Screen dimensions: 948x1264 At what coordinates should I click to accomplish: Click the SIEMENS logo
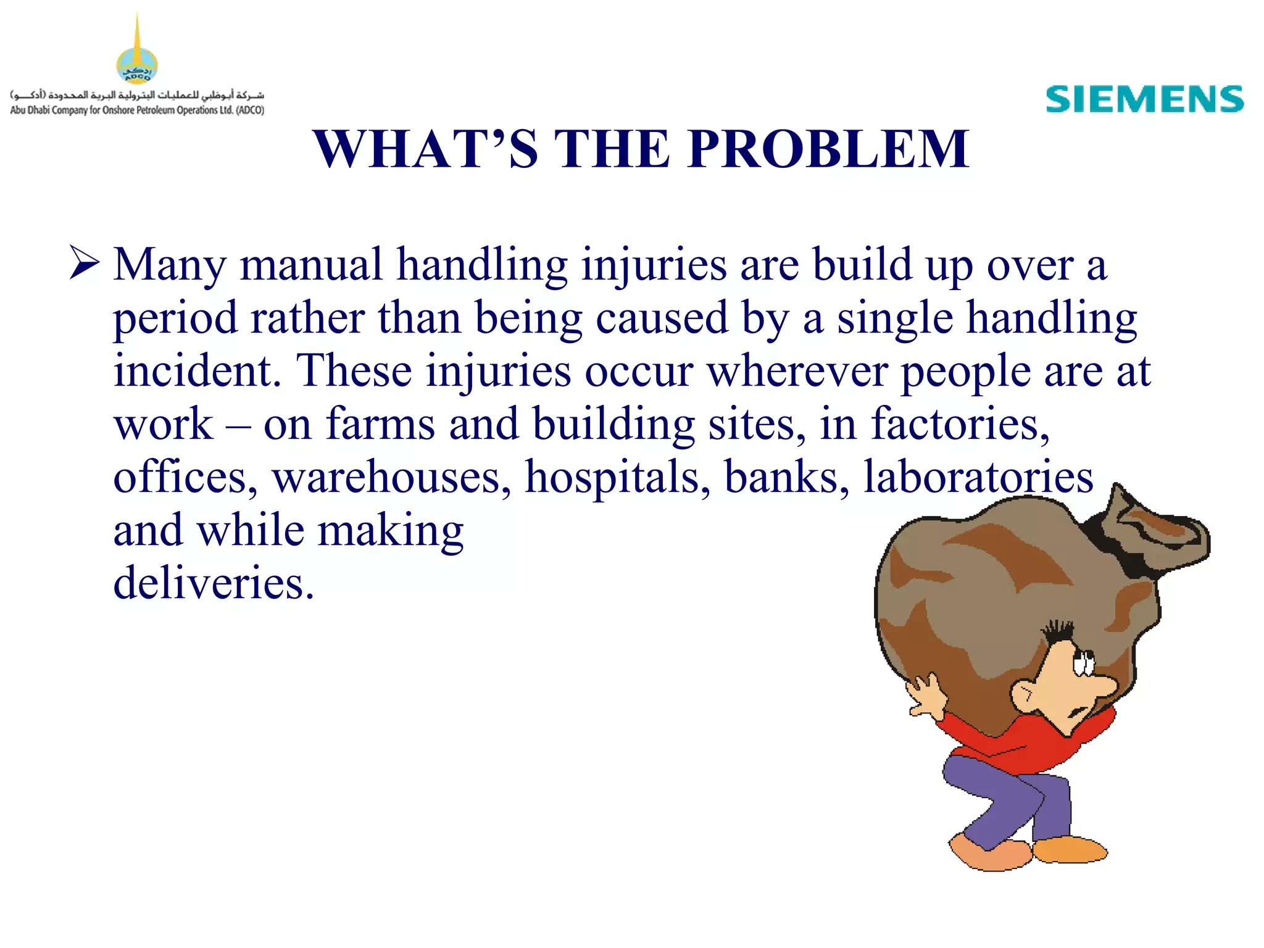click(x=1144, y=100)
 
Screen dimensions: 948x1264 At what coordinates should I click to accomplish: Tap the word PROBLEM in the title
click(x=828, y=149)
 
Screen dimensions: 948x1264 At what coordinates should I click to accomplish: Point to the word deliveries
click(x=213, y=583)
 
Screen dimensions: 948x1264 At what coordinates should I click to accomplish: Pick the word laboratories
click(x=978, y=477)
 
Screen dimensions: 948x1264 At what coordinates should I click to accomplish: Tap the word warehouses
click(x=391, y=477)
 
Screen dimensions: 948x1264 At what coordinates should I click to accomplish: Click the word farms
click(x=380, y=425)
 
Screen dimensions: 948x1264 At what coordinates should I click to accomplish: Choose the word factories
click(x=960, y=425)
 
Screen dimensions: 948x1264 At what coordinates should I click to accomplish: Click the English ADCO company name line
click(x=137, y=110)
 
